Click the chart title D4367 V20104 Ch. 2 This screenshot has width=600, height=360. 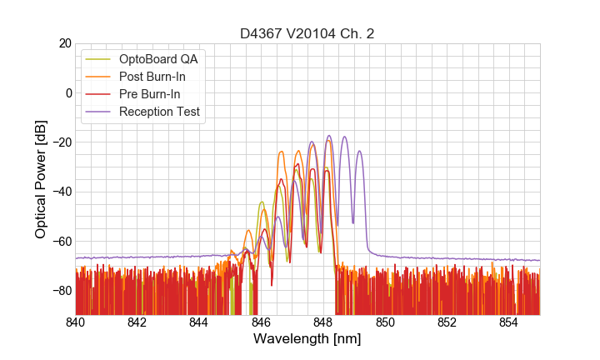pyautogui.click(x=307, y=33)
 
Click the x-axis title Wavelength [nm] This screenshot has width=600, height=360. pyautogui.click(x=307, y=340)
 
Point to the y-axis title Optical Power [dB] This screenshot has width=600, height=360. pyautogui.click(x=41, y=179)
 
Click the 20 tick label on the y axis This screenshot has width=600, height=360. pyautogui.click(x=65, y=43)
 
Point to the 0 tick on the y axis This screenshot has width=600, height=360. pyautogui.click(x=68, y=92)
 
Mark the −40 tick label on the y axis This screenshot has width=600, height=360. pyautogui.click(x=62, y=192)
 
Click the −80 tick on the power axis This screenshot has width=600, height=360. pyautogui.click(x=62, y=290)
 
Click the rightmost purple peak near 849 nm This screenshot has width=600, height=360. pyautogui.click(x=359, y=152)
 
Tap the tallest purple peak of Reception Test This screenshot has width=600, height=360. pyautogui.click(x=329, y=136)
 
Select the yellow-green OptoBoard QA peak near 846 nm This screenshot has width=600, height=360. pyautogui.click(x=262, y=202)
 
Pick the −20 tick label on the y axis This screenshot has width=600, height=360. pyautogui.click(x=62, y=142)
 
